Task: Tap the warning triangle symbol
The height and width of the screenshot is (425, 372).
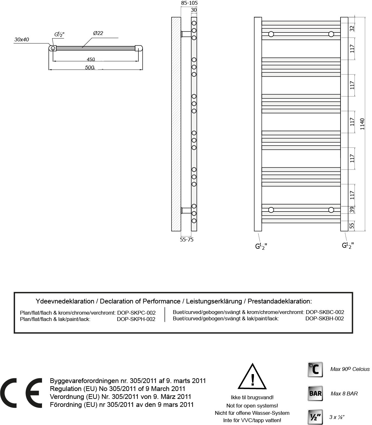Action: click(x=252, y=377)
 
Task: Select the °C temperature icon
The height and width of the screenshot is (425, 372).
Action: click(x=315, y=369)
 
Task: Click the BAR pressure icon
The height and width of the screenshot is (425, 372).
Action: click(x=315, y=393)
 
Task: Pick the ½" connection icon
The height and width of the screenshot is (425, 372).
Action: click(x=315, y=417)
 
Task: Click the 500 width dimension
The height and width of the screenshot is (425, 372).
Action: click(x=90, y=67)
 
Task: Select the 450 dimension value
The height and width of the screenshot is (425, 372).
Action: click(x=91, y=59)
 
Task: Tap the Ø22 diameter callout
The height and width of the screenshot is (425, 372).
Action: click(x=98, y=33)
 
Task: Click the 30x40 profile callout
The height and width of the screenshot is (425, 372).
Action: click(x=22, y=39)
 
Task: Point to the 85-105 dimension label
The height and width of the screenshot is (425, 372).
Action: click(x=189, y=3)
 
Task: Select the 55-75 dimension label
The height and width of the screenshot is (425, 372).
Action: click(x=187, y=240)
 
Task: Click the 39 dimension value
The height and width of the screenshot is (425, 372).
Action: click(x=352, y=210)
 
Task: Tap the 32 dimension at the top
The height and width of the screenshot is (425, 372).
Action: click(x=352, y=28)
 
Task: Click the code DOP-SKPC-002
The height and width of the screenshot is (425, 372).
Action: click(x=136, y=313)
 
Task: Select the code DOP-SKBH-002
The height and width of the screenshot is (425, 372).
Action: click(x=325, y=318)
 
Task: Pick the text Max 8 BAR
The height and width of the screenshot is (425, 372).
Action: click(x=344, y=394)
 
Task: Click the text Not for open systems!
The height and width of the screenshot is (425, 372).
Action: click(x=252, y=406)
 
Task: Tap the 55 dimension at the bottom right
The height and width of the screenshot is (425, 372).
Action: click(x=352, y=226)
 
